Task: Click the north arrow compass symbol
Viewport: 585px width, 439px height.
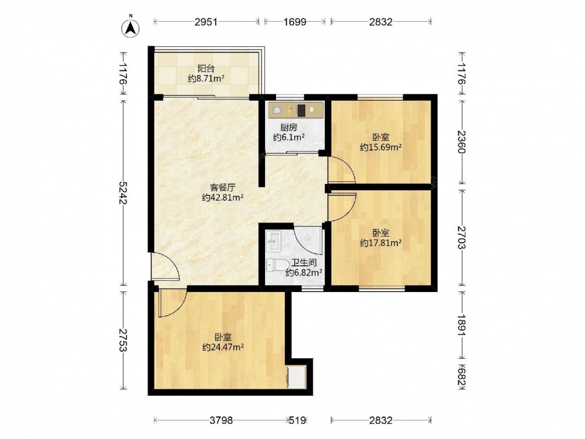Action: pyautogui.click(x=130, y=28)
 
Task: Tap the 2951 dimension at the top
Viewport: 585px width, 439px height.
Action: pyautogui.click(x=206, y=22)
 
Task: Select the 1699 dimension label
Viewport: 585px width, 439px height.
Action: pyautogui.click(x=295, y=22)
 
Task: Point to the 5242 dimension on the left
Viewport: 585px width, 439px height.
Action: pyautogui.click(x=123, y=193)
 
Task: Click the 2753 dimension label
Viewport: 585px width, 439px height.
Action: pyautogui.click(x=123, y=339)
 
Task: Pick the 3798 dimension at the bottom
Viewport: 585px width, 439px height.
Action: pyautogui.click(x=221, y=420)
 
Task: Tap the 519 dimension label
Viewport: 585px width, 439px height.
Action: pyautogui.click(x=298, y=420)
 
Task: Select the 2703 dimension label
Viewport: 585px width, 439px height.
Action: pyautogui.click(x=462, y=238)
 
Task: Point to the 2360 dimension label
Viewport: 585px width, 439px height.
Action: pyautogui.click(x=462, y=142)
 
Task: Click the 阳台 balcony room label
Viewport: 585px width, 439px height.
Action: pyautogui.click(x=206, y=68)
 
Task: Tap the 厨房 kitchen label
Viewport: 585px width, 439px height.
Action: pyautogui.click(x=289, y=128)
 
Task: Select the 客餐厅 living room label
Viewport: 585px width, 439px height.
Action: pyautogui.click(x=222, y=187)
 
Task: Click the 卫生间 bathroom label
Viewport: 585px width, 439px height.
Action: pyautogui.click(x=304, y=263)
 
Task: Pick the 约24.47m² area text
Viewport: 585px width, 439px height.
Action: pyautogui.click(x=223, y=347)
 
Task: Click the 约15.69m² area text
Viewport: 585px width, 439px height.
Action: pyautogui.click(x=381, y=147)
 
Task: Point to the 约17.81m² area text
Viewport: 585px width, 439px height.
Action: pyautogui.click(x=381, y=243)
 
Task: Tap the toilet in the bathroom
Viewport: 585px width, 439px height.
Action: pyautogui.click(x=276, y=265)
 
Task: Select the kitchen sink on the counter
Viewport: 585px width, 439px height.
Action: pyautogui.click(x=277, y=110)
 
